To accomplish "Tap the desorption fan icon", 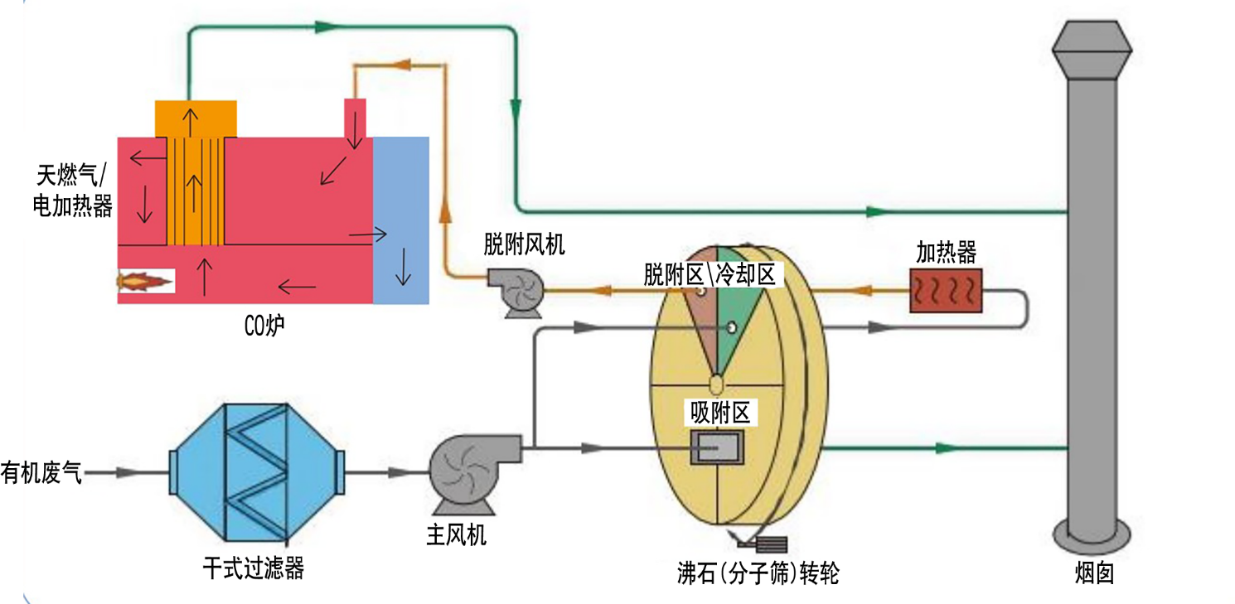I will pos(516,292).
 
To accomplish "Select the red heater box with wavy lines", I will pos(946,291).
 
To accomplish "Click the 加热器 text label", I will pos(946,252).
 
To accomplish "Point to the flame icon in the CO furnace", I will pos(146,282).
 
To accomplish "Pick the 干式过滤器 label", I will pos(254,568).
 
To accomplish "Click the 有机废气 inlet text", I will pos(41,473).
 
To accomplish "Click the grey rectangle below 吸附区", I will pos(718,448).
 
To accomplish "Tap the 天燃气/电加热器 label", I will pos(73,190).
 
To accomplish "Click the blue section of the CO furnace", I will pos(401,220).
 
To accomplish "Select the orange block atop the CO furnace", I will pos(196,118).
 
